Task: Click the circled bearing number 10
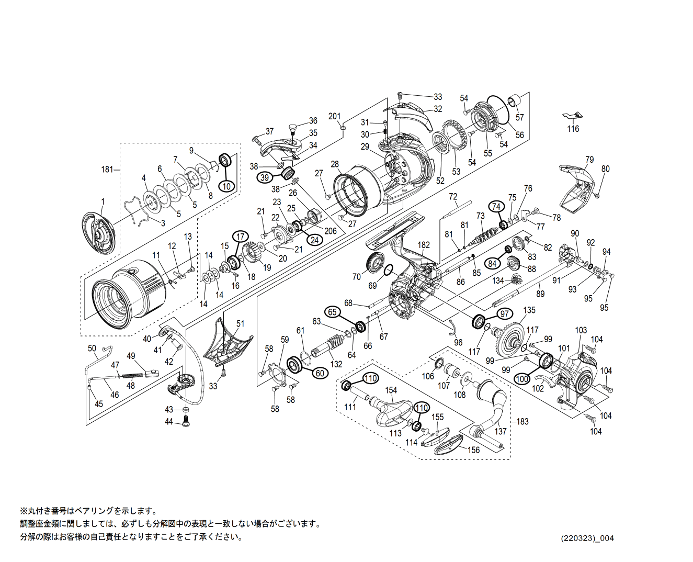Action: (x=226, y=186)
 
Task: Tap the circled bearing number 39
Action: (x=265, y=177)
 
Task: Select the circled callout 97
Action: (x=504, y=314)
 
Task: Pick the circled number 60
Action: (x=320, y=373)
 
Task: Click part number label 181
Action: (x=107, y=169)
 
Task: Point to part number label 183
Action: (x=522, y=421)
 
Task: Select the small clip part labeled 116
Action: (x=572, y=116)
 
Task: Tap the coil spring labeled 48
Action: (x=133, y=375)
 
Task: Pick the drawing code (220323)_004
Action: (x=587, y=538)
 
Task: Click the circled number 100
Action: (x=522, y=379)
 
